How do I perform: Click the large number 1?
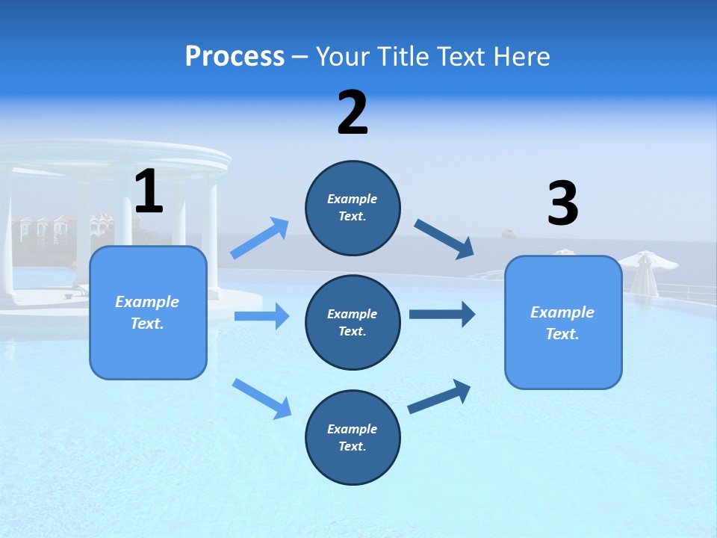[x=149, y=192]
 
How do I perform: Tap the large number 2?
[x=353, y=113]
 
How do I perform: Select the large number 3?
[x=563, y=204]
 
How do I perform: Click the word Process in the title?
[x=235, y=56]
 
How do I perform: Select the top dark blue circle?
[x=353, y=208]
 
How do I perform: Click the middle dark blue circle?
[x=353, y=322]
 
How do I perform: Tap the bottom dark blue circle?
[x=353, y=437]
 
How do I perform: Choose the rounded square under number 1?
[x=148, y=312]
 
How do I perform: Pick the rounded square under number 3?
[x=563, y=322]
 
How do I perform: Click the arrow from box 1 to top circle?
[x=260, y=238]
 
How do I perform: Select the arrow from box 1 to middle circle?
[x=261, y=316]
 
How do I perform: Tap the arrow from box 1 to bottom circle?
[x=261, y=398]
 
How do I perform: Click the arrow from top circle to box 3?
[x=444, y=239]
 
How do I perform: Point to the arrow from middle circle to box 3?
[x=442, y=314]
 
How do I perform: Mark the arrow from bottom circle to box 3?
[x=439, y=396]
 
